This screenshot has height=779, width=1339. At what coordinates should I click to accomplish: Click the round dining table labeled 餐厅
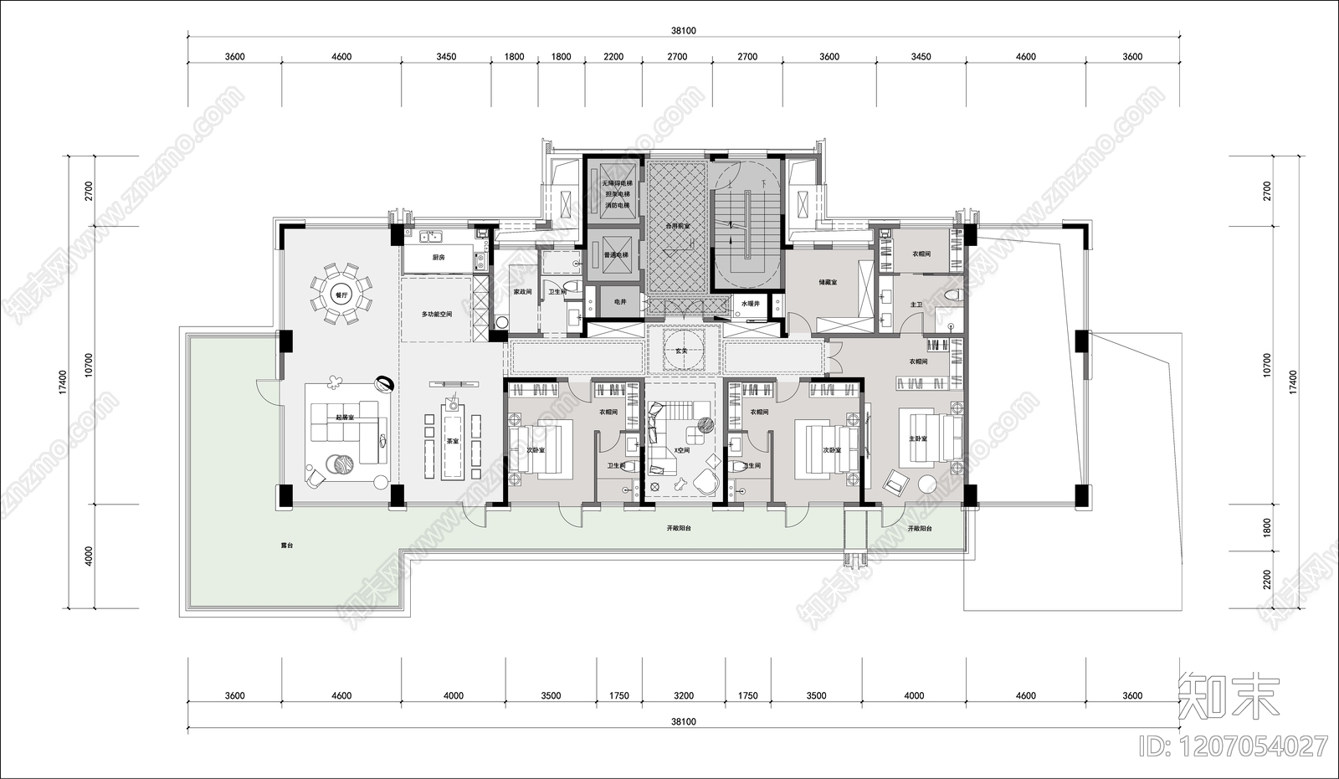(340, 295)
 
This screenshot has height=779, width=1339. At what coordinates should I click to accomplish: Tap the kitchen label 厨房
(438, 258)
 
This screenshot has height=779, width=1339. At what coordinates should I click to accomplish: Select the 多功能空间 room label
(437, 314)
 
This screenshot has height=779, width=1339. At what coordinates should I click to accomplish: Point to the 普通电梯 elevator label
(615, 254)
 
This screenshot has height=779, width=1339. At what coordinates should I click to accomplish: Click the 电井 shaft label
(619, 301)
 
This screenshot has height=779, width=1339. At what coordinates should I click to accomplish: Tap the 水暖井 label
(750, 303)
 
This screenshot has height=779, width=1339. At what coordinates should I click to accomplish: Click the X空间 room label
(681, 450)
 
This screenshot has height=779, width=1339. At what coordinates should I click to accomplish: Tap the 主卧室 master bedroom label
(917, 438)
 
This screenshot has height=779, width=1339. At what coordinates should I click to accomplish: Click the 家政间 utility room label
(522, 292)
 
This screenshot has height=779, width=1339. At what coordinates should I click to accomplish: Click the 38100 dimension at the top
(683, 30)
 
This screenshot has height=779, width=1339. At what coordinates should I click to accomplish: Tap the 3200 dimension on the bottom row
(683, 695)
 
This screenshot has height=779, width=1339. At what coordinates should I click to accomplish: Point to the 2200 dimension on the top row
(613, 57)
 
